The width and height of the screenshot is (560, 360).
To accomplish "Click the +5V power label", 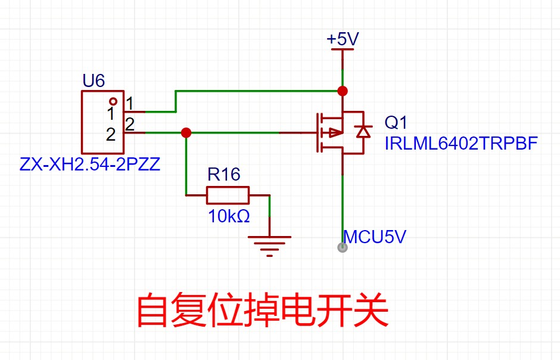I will (x=343, y=39).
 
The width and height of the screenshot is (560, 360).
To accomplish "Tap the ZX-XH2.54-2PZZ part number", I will (x=90, y=164).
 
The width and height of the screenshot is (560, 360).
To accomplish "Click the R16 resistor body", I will (x=228, y=195).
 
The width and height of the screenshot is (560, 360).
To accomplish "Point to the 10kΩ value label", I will (x=229, y=216).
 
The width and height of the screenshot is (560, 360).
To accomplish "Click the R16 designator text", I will (x=224, y=175).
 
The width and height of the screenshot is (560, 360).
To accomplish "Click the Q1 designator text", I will (x=396, y=123).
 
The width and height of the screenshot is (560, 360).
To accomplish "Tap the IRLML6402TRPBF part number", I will (x=461, y=144).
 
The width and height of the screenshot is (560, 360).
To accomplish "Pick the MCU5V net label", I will (x=375, y=237).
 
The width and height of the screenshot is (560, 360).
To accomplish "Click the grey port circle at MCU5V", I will (x=342, y=247).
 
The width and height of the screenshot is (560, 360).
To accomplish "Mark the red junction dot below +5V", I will (x=342, y=91).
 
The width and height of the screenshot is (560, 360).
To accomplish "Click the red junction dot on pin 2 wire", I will (x=186, y=132).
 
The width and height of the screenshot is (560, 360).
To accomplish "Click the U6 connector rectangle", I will (x=102, y=122).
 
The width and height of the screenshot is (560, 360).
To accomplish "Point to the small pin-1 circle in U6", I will (x=113, y=101).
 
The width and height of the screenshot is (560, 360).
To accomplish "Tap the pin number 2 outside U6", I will (x=129, y=124).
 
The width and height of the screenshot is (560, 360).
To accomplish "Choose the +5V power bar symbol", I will (x=342, y=50).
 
